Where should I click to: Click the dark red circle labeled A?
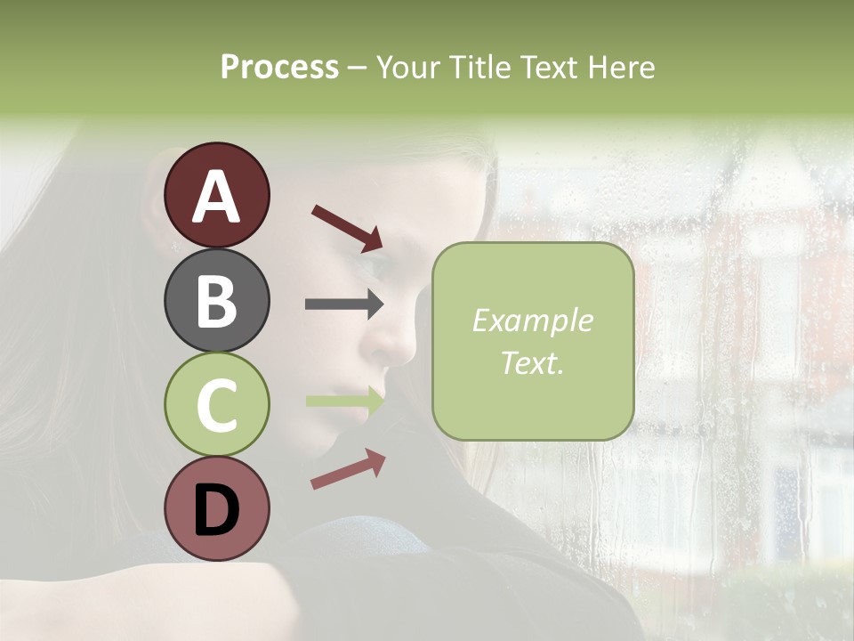coord(216,195)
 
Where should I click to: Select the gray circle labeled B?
coord(216,300)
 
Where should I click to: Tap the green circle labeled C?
coord(216,405)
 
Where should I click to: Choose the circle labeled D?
coord(216,509)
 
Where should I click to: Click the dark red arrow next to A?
coord(347,228)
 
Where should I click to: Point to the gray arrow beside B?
coord(344,304)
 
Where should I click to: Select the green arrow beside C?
coord(344,402)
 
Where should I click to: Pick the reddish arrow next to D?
coord(348,469)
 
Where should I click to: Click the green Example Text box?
coord(533,342)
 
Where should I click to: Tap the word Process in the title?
coord(279,67)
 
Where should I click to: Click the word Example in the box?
coord(533,320)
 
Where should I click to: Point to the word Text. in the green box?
coord(533,362)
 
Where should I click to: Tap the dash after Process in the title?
coord(358,68)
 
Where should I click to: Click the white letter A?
coord(216,196)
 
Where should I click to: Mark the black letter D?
coord(216,510)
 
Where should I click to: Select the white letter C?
coord(216,406)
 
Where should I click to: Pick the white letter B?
coord(216,301)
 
